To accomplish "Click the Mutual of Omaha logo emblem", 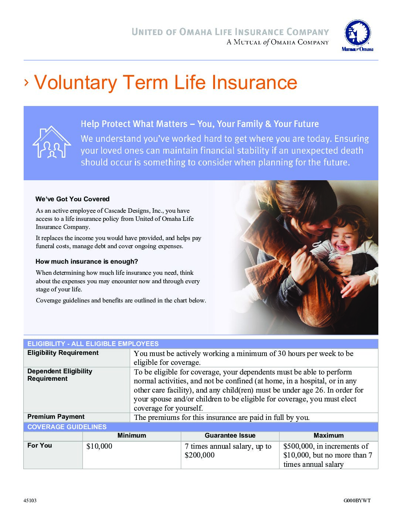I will click(x=357, y=33).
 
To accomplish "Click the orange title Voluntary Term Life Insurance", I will click(x=166, y=82).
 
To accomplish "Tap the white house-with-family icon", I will click(x=52, y=142).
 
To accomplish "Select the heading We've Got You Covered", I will click(x=72, y=199).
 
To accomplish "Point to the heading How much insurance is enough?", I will click(x=86, y=261).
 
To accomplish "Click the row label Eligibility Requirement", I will click(x=63, y=353).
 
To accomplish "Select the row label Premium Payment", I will click(x=56, y=417).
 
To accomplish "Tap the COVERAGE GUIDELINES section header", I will click(x=67, y=427).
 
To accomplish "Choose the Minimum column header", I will click(x=132, y=436).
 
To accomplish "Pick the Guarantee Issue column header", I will click(x=230, y=436).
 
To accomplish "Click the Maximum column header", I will click(x=328, y=436).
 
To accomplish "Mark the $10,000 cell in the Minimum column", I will click(x=99, y=447).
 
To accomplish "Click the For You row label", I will click(x=40, y=446).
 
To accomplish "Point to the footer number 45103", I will click(x=30, y=501).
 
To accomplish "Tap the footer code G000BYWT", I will click(x=357, y=501).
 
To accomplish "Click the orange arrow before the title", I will click(x=26, y=83).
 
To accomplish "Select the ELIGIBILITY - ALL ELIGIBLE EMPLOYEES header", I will click(x=93, y=344).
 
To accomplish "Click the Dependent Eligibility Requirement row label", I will click(x=59, y=375).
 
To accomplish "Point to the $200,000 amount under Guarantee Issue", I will click(x=200, y=455).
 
